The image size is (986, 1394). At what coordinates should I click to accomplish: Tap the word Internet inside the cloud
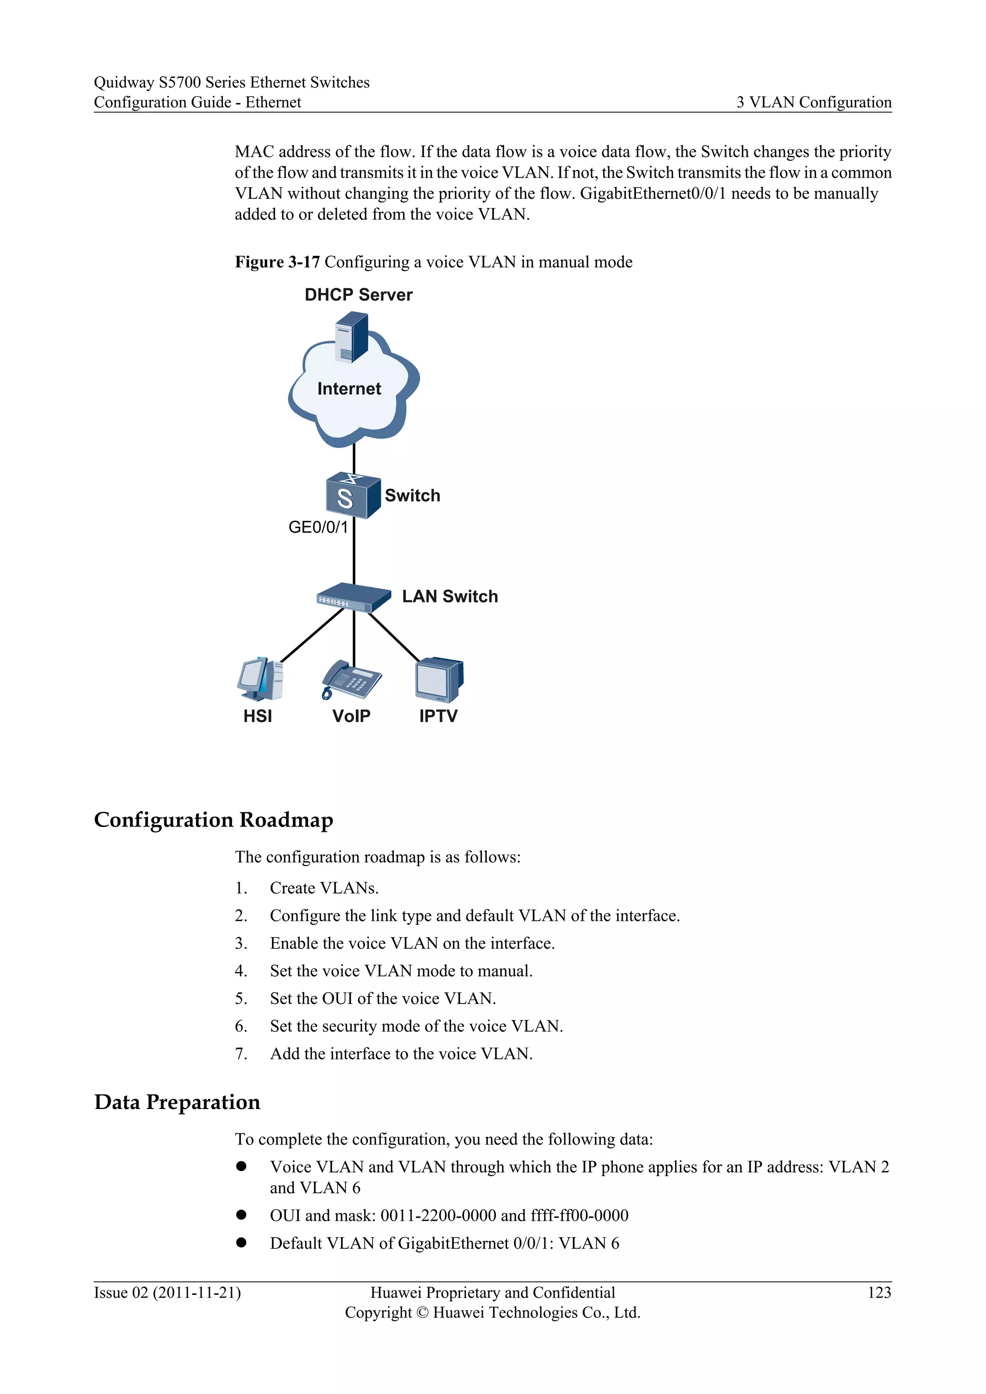(x=349, y=388)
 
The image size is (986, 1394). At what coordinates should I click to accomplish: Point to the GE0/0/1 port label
(x=318, y=527)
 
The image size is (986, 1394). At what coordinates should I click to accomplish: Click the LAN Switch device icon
(x=353, y=597)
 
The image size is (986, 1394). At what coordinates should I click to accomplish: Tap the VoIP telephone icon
(x=351, y=680)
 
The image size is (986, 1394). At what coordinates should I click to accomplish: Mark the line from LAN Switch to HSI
(x=311, y=636)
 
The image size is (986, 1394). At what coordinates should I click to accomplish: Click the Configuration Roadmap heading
(x=214, y=820)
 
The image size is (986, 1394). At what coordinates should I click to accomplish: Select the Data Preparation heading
(x=177, y=1102)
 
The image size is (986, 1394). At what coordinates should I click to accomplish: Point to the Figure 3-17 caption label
(x=277, y=262)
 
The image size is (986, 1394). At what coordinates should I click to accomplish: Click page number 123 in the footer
(x=879, y=1292)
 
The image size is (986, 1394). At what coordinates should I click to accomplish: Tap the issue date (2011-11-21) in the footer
(x=197, y=1292)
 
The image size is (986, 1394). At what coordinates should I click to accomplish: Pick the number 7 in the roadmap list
(x=241, y=1054)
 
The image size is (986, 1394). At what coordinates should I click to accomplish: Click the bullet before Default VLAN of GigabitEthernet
(x=242, y=1242)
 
